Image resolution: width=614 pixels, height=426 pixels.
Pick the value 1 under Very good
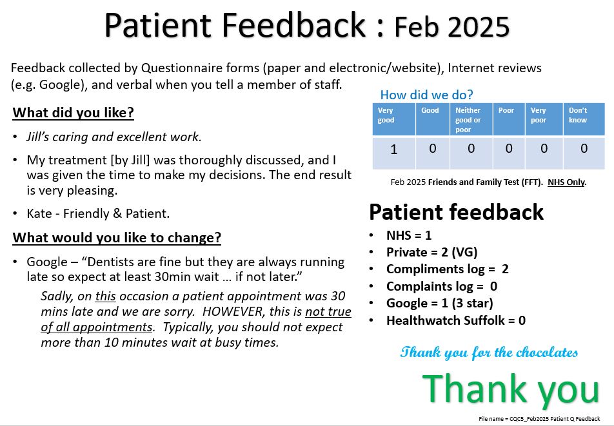pyautogui.click(x=393, y=149)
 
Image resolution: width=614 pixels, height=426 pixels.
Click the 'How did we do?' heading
pyautogui.click(x=426, y=95)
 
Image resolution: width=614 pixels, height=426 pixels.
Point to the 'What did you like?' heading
pyautogui.click(x=74, y=113)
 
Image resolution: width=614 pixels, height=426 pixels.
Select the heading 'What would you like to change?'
pyautogui.click(x=117, y=237)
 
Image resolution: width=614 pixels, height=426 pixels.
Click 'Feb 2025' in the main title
pyautogui.click(x=451, y=26)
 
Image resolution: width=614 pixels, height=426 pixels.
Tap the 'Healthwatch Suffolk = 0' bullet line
pyautogui.click(x=456, y=320)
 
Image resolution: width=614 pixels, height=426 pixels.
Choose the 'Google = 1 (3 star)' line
pyautogui.click(x=439, y=303)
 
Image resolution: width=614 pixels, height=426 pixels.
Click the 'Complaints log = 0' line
pyautogui.click(x=442, y=286)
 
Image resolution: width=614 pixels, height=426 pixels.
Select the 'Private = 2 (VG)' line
pyautogui.click(x=431, y=253)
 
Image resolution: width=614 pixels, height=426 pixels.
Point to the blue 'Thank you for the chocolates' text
pyautogui.click(x=489, y=352)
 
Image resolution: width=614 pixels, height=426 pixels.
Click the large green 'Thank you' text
pyautogui.click(x=511, y=389)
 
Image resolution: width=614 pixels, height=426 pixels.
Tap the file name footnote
pyautogui.click(x=539, y=419)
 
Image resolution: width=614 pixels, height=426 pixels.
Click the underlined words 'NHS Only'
pyautogui.click(x=566, y=182)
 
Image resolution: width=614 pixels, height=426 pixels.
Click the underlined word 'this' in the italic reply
pyautogui.click(x=105, y=296)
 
